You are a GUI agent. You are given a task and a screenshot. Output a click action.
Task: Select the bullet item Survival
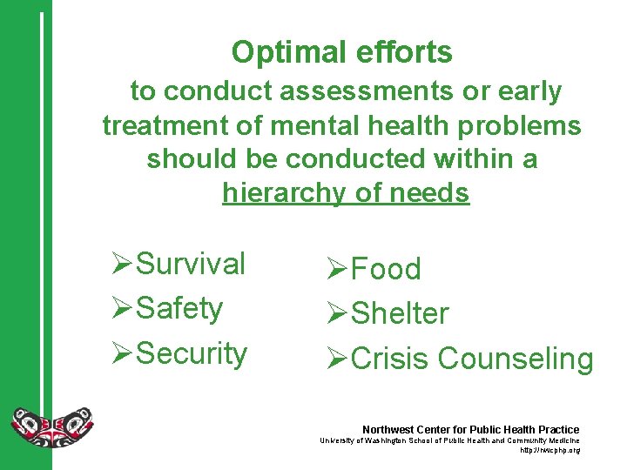192,264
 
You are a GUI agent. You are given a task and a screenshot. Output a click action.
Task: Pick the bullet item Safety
179,308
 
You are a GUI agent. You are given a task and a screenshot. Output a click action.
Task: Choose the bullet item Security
192,353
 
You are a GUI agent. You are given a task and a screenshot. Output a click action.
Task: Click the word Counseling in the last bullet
516,359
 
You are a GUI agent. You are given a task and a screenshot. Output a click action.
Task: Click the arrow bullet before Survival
123,264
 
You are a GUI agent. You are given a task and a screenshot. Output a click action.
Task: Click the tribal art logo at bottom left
51,426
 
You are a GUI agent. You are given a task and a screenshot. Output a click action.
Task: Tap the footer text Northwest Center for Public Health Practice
470,430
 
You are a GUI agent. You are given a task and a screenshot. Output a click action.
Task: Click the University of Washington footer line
448,441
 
